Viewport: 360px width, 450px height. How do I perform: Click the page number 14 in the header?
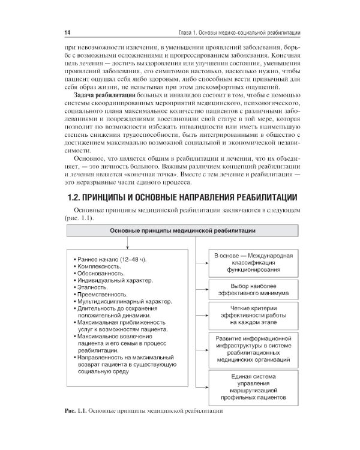click(67, 31)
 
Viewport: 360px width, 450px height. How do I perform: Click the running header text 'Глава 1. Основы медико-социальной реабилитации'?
click(241, 31)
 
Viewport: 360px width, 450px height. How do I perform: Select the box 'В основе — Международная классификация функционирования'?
click(253, 263)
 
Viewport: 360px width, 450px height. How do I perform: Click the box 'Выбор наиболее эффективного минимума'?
click(253, 290)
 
